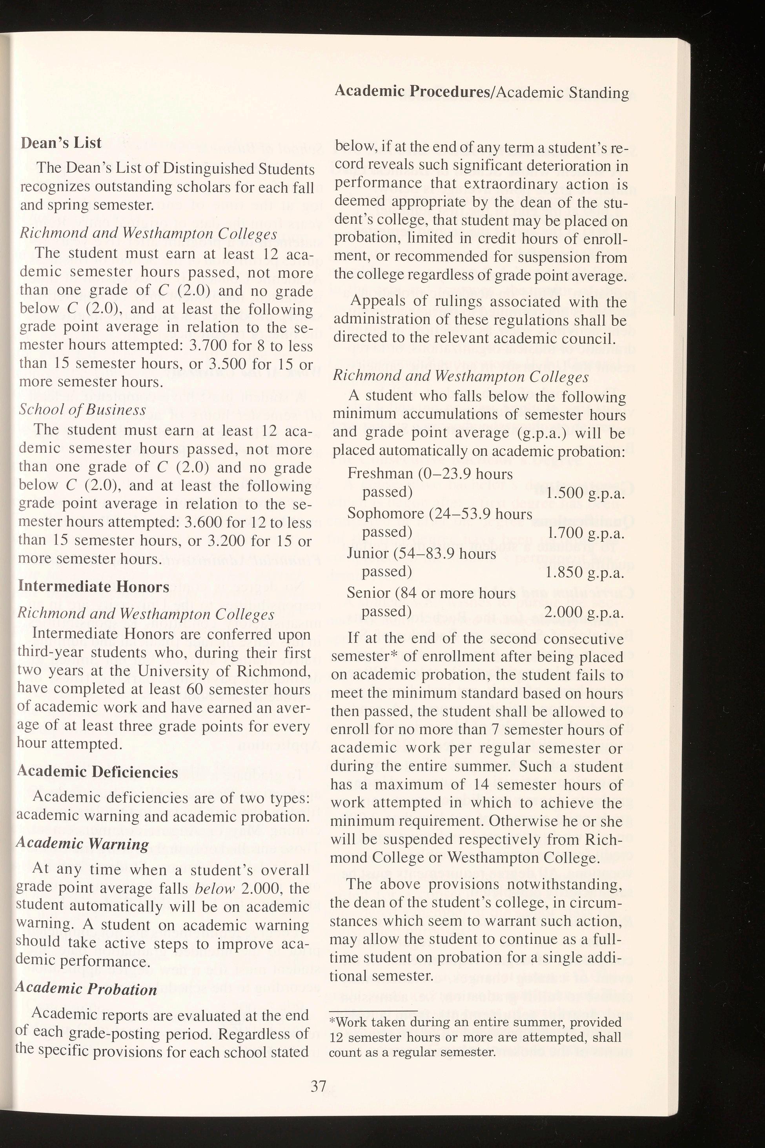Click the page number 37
tap(319, 1083)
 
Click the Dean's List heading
tap(61, 143)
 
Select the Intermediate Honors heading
tap(93, 586)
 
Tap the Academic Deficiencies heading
tap(98, 772)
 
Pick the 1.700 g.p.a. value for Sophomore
tap(585, 533)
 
